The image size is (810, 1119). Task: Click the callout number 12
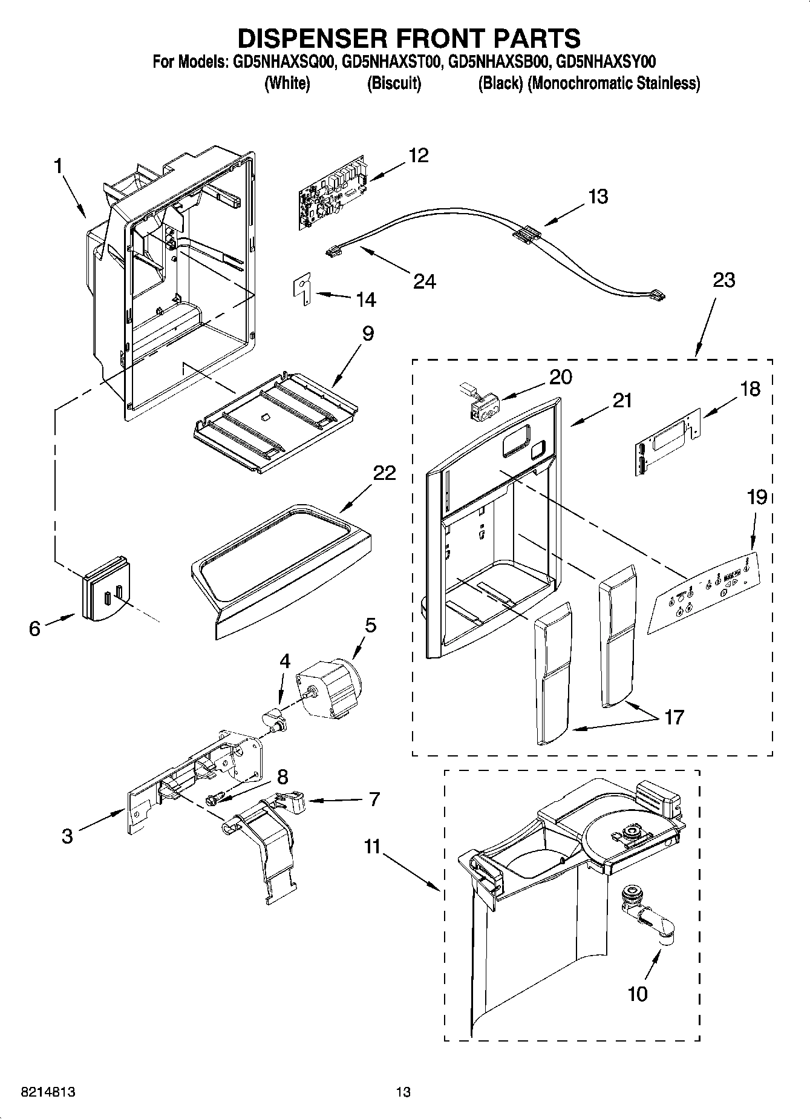[418, 156]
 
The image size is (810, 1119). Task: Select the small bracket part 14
[303, 289]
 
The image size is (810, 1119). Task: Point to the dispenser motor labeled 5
[327, 687]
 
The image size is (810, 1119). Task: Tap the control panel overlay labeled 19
[702, 592]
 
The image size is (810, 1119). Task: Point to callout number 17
[673, 717]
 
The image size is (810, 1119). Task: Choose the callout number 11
[372, 846]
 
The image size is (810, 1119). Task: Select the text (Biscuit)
[394, 83]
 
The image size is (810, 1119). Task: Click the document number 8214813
[48, 1092]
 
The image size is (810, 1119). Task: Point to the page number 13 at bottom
[403, 1092]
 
